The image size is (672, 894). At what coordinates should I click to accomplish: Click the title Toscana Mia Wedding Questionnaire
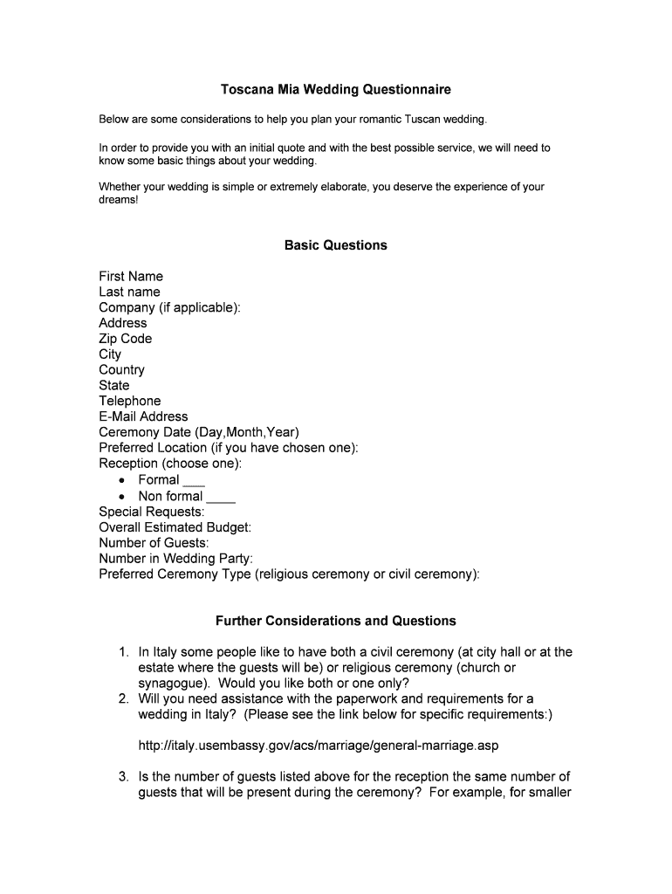[x=335, y=90]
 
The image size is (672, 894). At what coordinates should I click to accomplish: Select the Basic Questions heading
[x=335, y=245]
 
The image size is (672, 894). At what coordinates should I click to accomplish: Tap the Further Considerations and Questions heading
[x=335, y=621]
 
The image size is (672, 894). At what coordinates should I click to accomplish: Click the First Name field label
[x=131, y=277]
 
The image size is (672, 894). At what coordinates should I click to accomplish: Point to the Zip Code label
[x=125, y=339]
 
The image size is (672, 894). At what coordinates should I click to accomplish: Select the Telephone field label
[x=130, y=401]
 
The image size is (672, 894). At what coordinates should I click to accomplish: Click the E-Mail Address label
[x=143, y=416]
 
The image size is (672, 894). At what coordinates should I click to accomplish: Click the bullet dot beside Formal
[x=122, y=480]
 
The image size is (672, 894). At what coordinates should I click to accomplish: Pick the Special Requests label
[x=152, y=512]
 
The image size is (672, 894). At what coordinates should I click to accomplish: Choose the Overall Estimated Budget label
[x=175, y=527]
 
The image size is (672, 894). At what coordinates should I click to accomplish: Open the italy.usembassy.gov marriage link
[x=319, y=746]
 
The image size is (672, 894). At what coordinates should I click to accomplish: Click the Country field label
[x=121, y=370]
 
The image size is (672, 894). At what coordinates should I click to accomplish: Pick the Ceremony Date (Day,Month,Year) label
[x=199, y=432]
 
